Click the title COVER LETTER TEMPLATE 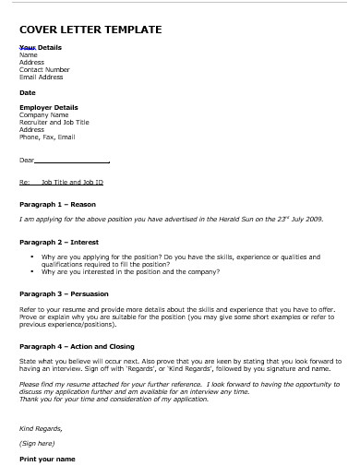[90, 30]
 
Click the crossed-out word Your [28, 47]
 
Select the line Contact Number [44, 69]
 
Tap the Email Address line [42, 77]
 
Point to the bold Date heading [27, 92]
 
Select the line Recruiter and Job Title [54, 122]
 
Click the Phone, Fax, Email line [47, 137]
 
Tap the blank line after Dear [73, 161]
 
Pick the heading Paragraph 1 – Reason [57, 204]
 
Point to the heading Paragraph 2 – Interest [59, 241]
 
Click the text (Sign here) [37, 443]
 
